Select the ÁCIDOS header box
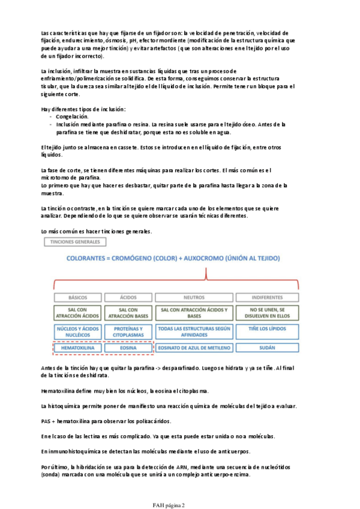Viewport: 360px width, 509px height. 128,297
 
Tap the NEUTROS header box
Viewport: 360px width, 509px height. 194,297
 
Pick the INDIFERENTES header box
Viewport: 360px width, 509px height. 267,297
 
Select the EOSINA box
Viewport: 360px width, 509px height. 128,348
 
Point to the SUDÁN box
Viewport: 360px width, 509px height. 267,348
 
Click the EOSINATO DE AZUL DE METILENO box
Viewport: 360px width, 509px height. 194,348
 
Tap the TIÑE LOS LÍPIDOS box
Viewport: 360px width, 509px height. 267,330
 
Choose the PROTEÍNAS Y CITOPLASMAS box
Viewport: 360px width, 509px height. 128,332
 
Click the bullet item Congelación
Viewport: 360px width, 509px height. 71,116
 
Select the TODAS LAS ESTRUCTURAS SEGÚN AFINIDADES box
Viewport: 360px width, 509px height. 194,332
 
